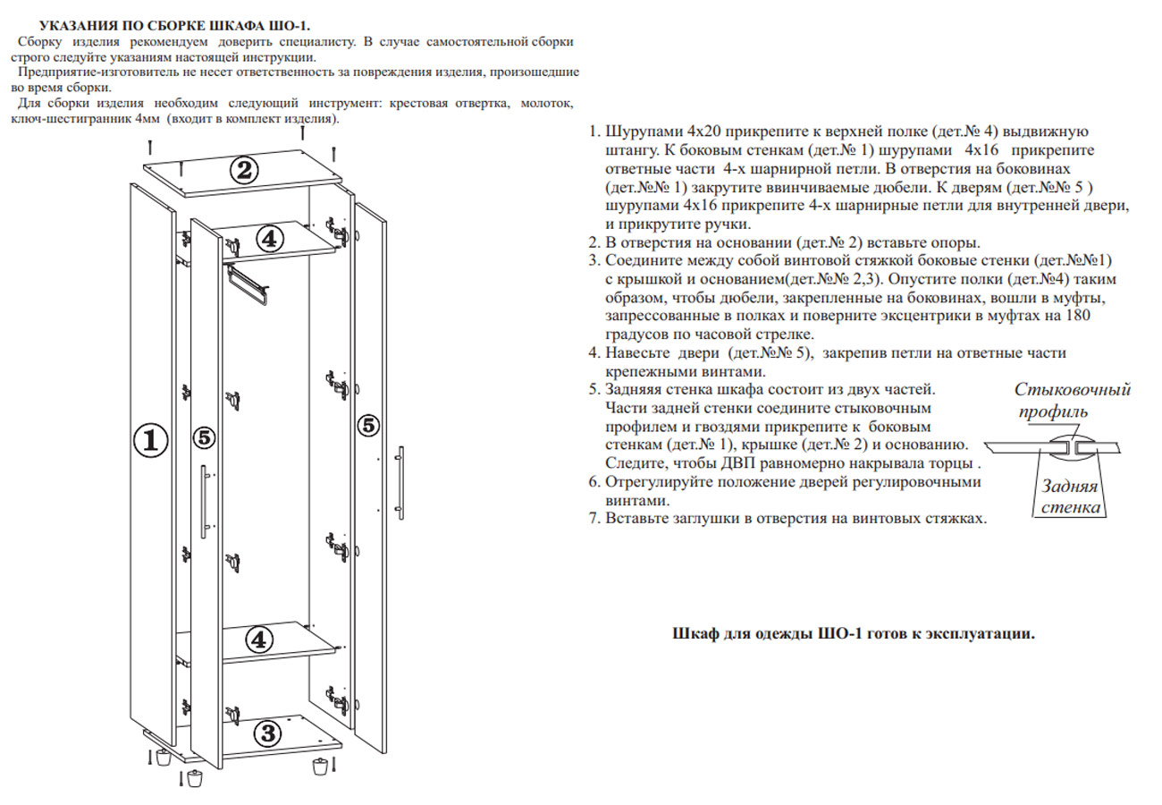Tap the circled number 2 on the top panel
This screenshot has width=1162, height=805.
[244, 170]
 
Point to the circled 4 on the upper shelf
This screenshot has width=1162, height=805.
[270, 238]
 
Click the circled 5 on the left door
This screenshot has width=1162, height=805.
[205, 437]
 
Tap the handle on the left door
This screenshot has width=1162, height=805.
[205, 501]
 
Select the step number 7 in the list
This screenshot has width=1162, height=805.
[593, 518]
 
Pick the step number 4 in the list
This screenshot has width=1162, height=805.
[593, 354]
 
